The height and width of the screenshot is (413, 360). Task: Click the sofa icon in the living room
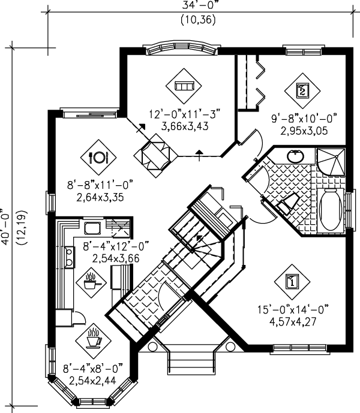184,86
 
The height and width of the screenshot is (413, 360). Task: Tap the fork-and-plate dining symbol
98,157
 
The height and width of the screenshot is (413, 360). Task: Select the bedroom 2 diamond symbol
302,91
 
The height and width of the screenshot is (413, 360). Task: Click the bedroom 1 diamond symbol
292,282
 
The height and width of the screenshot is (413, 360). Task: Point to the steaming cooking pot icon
91,282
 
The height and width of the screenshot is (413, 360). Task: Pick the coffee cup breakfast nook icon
93,339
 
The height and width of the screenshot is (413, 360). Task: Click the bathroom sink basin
295,156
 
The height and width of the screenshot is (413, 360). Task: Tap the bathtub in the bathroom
331,210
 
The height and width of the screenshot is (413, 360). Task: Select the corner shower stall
331,162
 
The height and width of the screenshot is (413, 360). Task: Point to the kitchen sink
92,228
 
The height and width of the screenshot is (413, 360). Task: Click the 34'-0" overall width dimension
200,5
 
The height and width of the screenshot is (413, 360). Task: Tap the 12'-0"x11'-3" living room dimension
184,114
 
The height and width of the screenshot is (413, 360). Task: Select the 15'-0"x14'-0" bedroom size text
293,309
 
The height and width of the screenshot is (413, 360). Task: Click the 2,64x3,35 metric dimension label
100,197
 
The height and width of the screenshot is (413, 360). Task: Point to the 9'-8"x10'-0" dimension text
304,118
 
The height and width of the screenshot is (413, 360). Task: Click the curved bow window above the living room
182,48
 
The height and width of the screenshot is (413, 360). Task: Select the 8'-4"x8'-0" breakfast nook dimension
93,368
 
